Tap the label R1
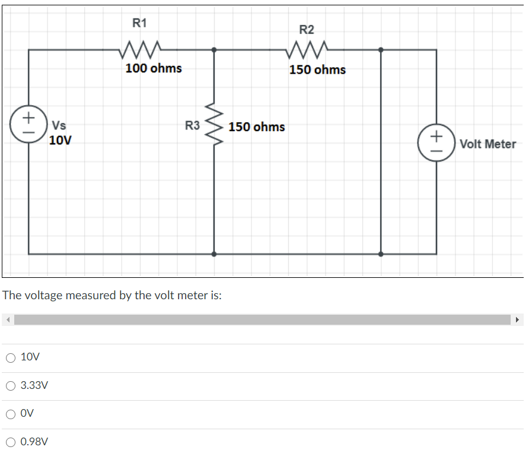(x=139, y=24)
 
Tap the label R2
(x=307, y=30)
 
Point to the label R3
(x=192, y=126)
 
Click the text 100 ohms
(x=154, y=68)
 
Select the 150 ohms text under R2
(x=317, y=70)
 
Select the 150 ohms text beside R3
(x=256, y=127)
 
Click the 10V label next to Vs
(x=60, y=141)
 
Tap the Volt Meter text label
(x=488, y=144)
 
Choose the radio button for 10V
(x=11, y=357)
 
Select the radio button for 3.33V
(x=11, y=386)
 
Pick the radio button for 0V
(x=11, y=414)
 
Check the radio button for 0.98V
(x=11, y=442)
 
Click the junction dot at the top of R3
(x=214, y=50)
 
